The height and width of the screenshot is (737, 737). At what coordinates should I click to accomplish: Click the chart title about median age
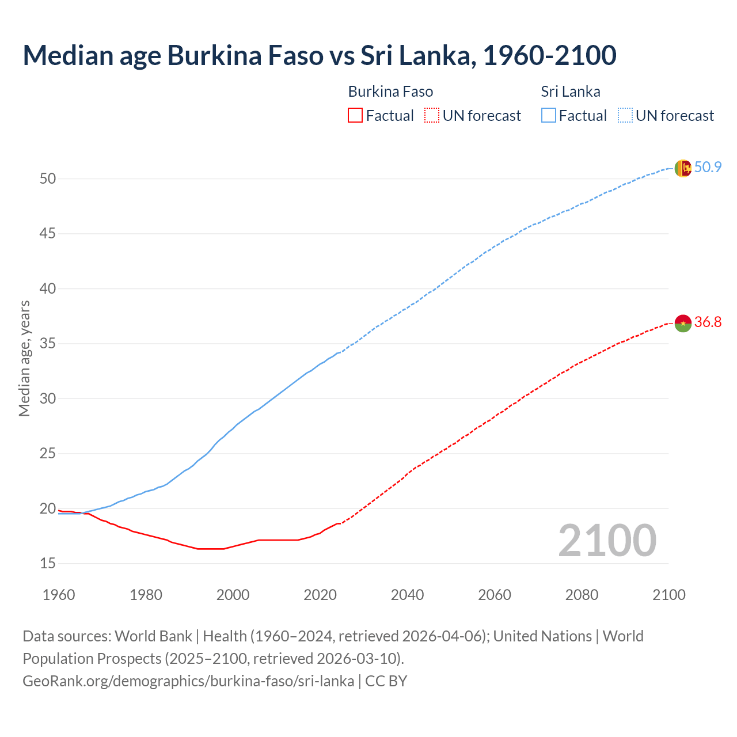[320, 55]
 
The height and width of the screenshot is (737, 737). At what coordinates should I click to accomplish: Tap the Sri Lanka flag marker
[683, 168]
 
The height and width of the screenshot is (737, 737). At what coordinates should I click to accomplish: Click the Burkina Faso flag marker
[683, 323]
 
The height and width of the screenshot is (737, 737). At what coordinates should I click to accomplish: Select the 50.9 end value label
[708, 168]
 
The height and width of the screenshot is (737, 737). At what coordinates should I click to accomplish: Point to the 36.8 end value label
[708, 322]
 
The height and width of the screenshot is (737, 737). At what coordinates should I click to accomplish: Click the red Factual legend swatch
[355, 116]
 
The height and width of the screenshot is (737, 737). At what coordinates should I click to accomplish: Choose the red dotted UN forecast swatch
[432, 116]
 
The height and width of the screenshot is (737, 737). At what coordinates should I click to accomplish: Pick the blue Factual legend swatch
[549, 116]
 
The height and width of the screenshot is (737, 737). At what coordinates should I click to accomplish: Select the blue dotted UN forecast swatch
[625, 116]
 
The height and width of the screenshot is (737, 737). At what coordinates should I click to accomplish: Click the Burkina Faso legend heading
[390, 92]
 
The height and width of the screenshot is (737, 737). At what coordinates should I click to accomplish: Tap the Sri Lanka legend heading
[570, 92]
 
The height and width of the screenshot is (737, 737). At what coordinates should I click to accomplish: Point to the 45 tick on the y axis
[48, 234]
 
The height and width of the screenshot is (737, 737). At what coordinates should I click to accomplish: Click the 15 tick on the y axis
[48, 563]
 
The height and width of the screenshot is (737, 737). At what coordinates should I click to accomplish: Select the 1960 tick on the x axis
[59, 595]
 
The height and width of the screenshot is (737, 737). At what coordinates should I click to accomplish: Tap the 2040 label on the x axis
[407, 595]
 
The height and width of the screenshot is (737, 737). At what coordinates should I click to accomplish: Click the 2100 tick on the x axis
[669, 595]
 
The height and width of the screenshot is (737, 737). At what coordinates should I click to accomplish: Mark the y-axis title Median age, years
[24, 358]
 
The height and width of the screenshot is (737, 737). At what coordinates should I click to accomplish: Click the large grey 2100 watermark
[607, 541]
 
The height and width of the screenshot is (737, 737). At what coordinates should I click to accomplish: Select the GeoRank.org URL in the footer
[188, 681]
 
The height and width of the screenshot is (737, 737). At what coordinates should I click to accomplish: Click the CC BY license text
[386, 681]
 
